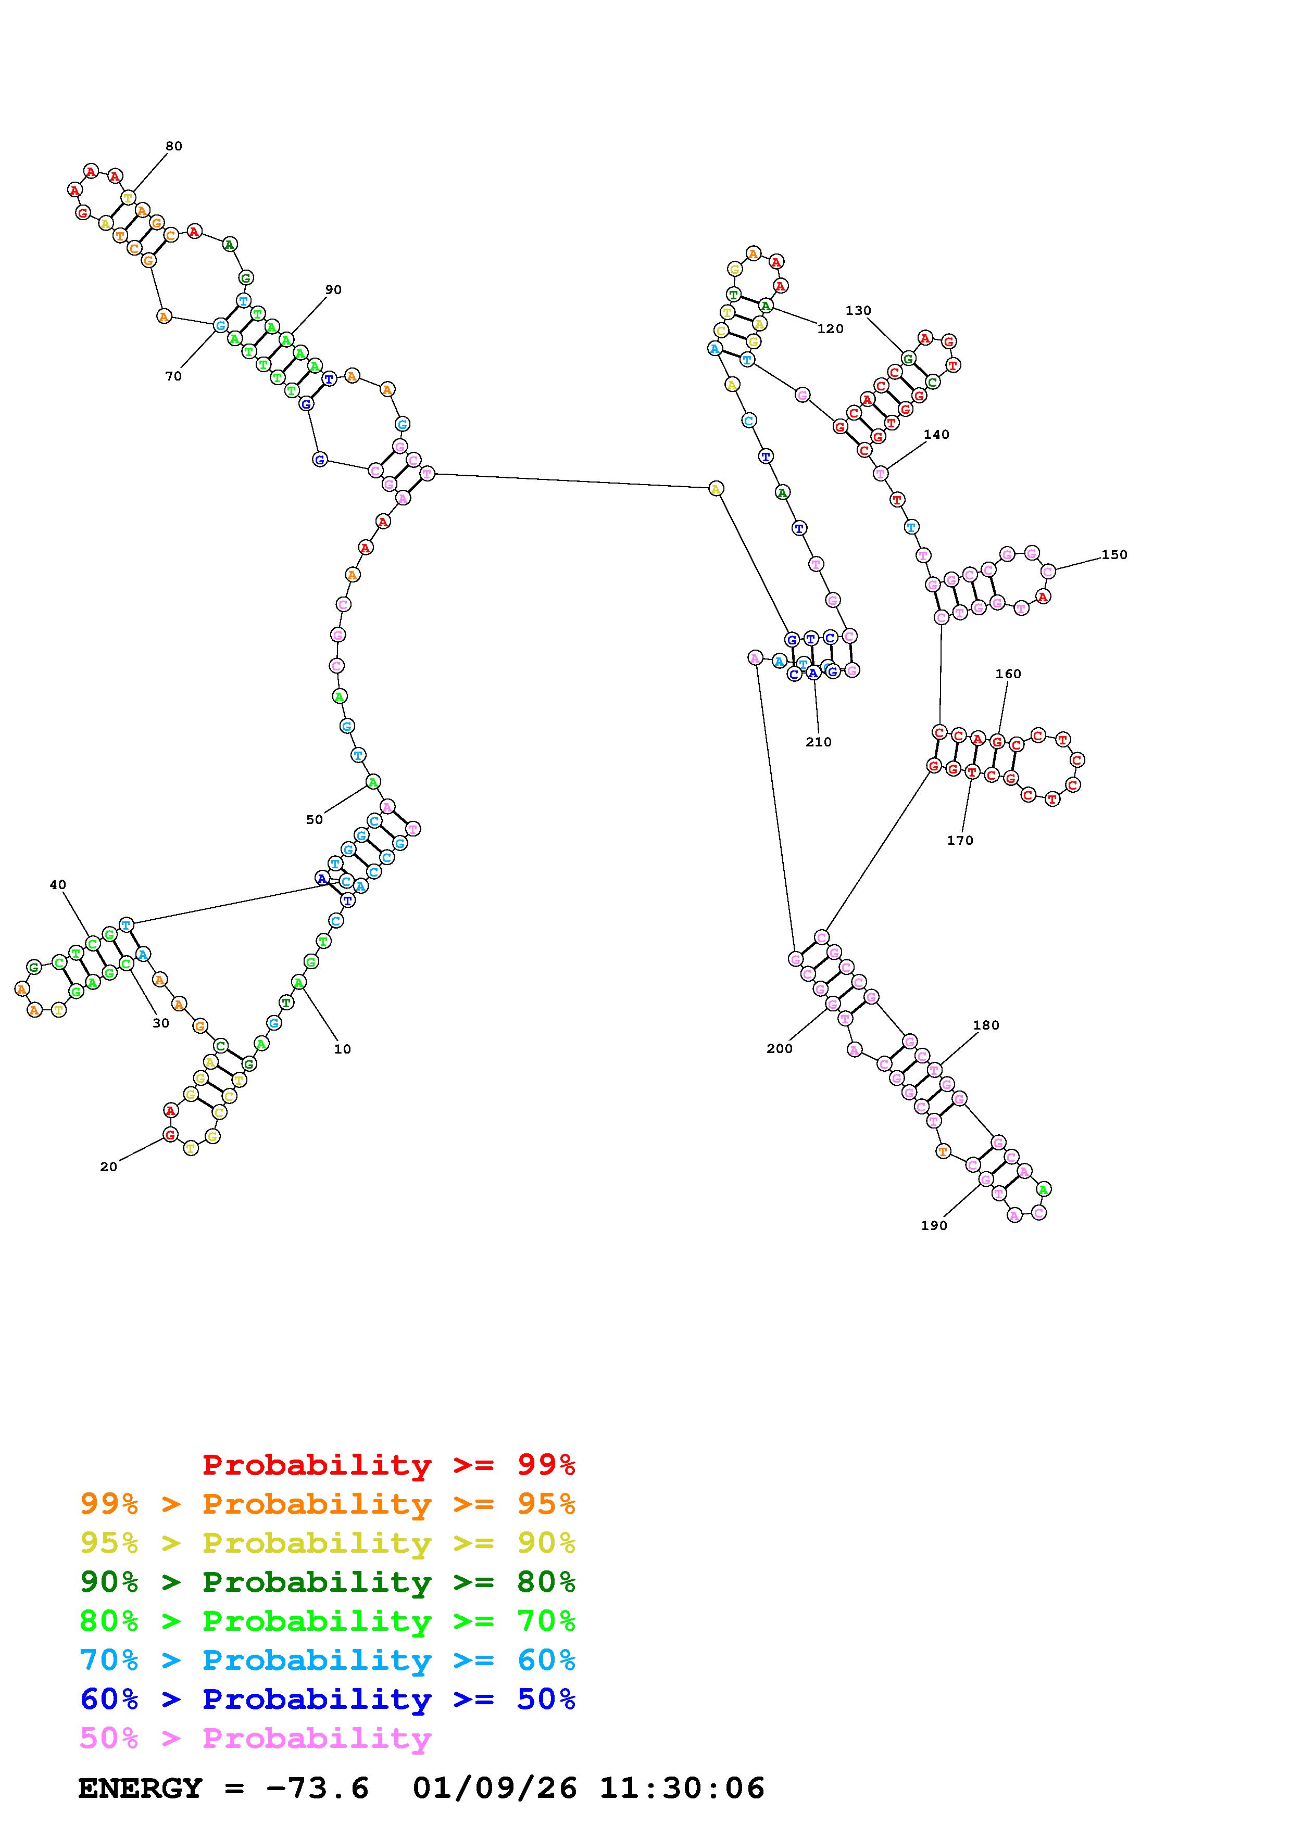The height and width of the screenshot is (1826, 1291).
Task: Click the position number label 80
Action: pos(173,146)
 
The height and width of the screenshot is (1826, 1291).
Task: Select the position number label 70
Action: pos(173,377)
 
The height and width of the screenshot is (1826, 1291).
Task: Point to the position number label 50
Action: pos(315,820)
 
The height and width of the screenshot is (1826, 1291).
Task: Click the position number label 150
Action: pos(1114,555)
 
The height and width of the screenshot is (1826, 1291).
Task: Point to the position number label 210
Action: pos(819,743)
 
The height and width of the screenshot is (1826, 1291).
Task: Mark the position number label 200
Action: pos(780,1049)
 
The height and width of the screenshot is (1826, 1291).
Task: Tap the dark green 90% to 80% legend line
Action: pos(328,1582)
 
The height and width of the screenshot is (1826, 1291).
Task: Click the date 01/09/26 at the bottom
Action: pos(495,1789)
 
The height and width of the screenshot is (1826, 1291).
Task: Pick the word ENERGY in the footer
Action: pos(140,1789)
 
